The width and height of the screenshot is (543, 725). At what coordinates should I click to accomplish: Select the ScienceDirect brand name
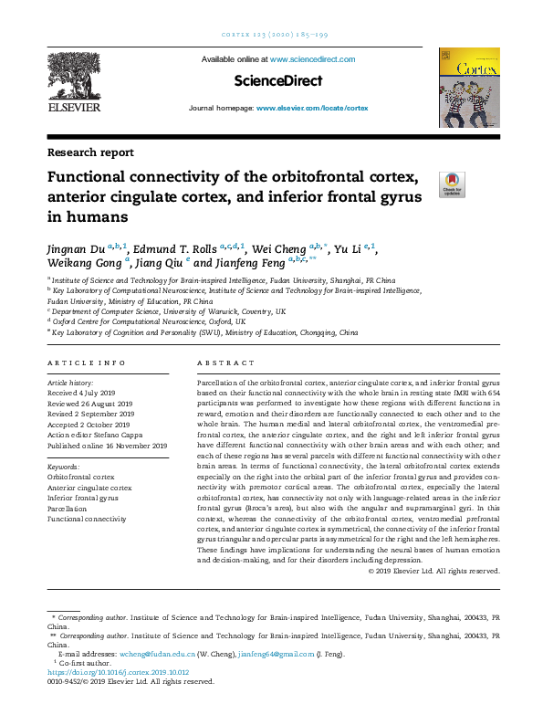click(x=277, y=81)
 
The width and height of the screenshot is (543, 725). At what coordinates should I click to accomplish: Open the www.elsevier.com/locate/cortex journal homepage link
click(x=312, y=108)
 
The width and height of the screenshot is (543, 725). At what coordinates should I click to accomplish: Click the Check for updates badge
click(x=452, y=184)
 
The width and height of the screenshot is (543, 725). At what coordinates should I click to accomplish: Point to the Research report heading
click(x=90, y=152)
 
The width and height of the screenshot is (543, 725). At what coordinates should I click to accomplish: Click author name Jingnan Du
click(x=76, y=248)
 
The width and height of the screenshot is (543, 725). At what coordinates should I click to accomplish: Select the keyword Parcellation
click(x=70, y=509)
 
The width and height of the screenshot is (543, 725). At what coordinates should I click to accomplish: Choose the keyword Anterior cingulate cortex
click(x=89, y=488)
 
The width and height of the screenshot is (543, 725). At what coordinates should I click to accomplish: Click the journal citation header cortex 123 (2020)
click(x=271, y=34)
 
